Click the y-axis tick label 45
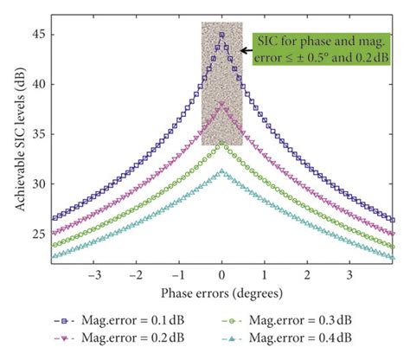35,35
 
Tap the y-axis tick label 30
35,184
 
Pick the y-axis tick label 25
35,235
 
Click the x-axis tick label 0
222,275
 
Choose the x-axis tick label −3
95,275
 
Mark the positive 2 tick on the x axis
308,275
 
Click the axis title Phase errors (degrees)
222,294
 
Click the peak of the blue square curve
222,35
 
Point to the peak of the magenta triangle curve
222,106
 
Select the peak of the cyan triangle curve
222,172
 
